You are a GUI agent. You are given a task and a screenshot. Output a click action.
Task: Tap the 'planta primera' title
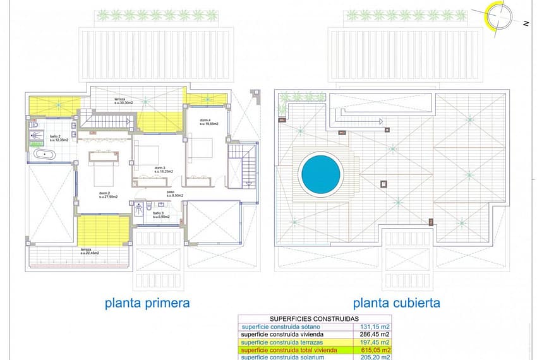(x=147, y=303)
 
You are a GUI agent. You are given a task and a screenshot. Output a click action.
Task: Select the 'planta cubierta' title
(x=397, y=303)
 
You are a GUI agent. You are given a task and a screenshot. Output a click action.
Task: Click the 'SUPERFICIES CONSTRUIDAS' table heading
(x=314, y=319)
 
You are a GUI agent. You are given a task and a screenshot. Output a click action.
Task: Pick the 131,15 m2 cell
(x=372, y=327)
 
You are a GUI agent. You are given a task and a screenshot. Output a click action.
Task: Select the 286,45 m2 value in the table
(x=372, y=334)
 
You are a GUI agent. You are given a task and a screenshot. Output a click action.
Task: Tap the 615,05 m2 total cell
(x=372, y=349)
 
